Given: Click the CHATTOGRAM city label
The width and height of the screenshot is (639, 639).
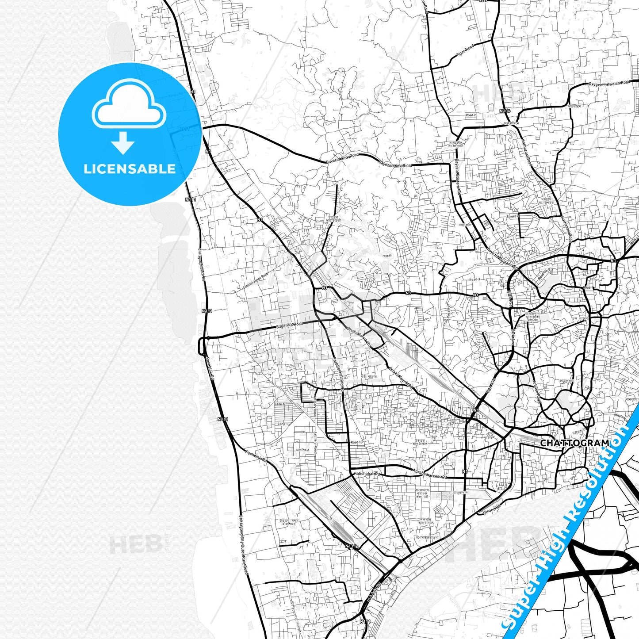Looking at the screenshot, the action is (574, 443).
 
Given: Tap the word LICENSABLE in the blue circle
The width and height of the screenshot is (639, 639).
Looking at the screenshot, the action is (130, 169).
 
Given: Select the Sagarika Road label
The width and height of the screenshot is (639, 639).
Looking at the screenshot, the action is (290, 325).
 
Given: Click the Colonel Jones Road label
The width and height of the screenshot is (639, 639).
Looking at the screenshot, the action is (256, 281).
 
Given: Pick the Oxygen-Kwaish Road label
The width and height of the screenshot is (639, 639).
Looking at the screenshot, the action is (609, 83).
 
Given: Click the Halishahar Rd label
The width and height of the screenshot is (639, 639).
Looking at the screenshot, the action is (367, 474).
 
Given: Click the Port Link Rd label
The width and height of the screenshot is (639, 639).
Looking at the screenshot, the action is (256, 456).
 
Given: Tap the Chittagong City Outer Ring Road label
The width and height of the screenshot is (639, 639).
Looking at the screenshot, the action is (243, 544).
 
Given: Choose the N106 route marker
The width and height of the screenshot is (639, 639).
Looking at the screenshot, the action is (505, 111).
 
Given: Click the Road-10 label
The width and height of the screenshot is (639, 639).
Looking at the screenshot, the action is (356, 442).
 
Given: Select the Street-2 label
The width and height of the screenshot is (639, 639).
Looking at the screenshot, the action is (512, 217).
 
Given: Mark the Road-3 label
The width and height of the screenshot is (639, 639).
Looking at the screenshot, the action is (474, 279).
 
